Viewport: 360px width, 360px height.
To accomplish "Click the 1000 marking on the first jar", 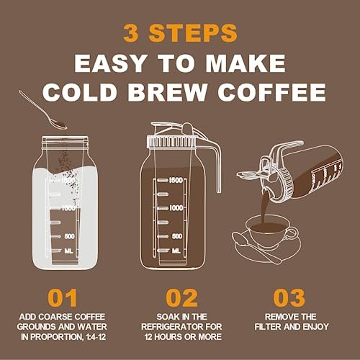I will tap(69, 207).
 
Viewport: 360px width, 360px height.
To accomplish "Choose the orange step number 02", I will tap(181, 299).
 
